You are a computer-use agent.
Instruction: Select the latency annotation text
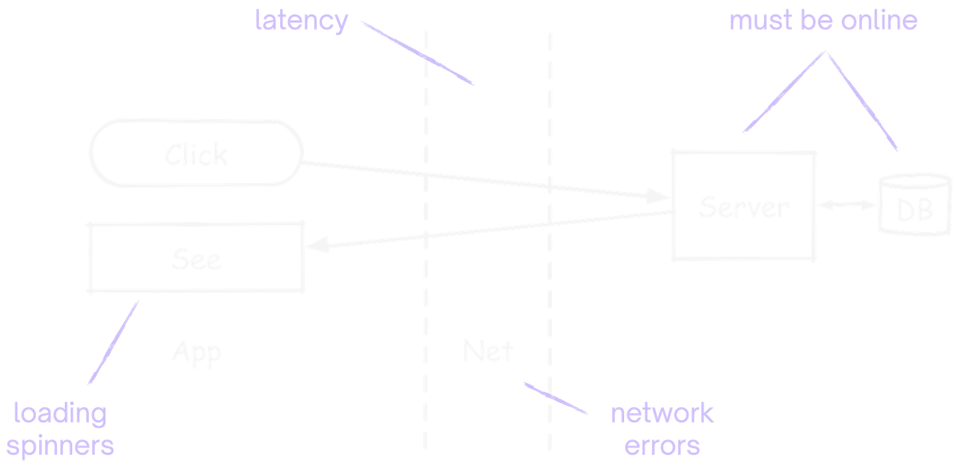[301, 21]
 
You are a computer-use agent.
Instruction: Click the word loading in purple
[60, 414]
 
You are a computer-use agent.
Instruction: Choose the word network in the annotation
[662, 413]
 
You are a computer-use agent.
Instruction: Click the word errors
[662, 446]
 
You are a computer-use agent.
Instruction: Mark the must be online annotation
[823, 21]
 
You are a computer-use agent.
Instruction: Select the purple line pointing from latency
[417, 52]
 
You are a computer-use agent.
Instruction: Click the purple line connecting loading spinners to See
[114, 342]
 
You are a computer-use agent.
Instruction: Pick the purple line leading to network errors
[555, 398]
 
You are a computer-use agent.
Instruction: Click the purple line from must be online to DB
[861, 100]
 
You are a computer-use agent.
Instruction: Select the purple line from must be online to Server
[785, 92]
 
